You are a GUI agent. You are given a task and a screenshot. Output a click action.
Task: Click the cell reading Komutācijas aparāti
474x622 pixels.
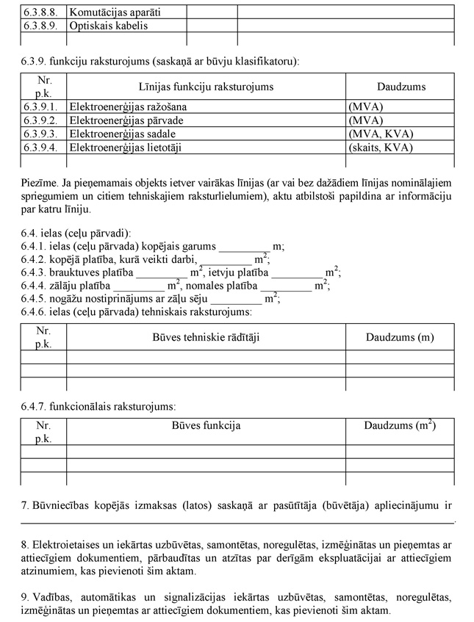click(115, 12)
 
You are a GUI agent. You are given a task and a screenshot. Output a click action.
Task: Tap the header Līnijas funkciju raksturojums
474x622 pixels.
click(206, 87)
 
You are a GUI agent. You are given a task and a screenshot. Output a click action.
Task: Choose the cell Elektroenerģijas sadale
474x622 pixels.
click(123, 134)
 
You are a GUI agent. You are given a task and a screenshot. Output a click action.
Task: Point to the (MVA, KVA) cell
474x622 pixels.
click(381, 134)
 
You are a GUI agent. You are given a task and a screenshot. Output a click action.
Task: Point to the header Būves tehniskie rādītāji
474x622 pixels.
click(206, 337)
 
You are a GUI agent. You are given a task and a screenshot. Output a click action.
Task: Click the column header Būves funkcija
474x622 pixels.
click(206, 425)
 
